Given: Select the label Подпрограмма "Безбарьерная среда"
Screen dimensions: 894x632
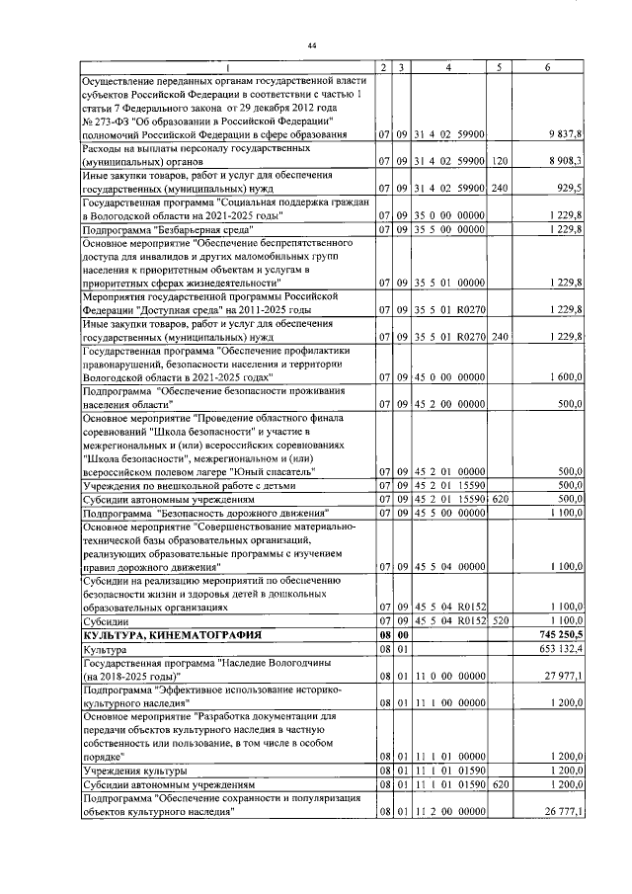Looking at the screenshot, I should (169, 230).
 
